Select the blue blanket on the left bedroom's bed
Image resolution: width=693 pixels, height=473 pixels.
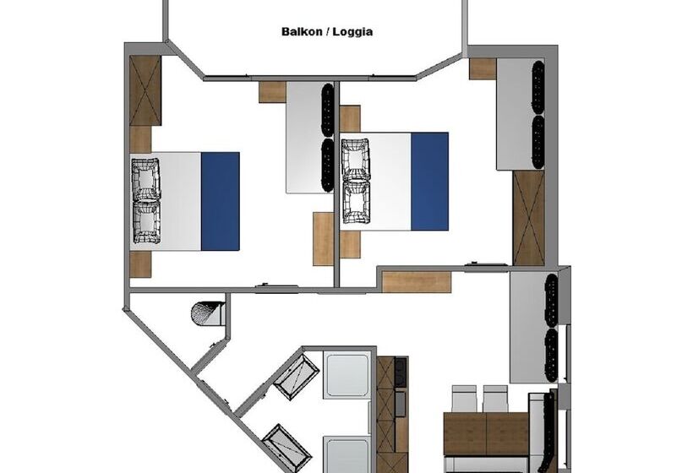point(220,201)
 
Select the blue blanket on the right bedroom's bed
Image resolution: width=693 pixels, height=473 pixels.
point(428,181)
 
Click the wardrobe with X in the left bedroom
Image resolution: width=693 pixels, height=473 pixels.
point(145,91)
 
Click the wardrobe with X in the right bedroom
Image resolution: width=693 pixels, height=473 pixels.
point(529,218)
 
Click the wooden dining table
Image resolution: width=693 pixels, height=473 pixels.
point(485,432)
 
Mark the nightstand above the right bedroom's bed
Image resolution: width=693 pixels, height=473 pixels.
point(350,118)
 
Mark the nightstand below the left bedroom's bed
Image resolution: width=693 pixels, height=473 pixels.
point(140,264)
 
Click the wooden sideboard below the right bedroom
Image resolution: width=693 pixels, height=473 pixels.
point(416,281)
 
